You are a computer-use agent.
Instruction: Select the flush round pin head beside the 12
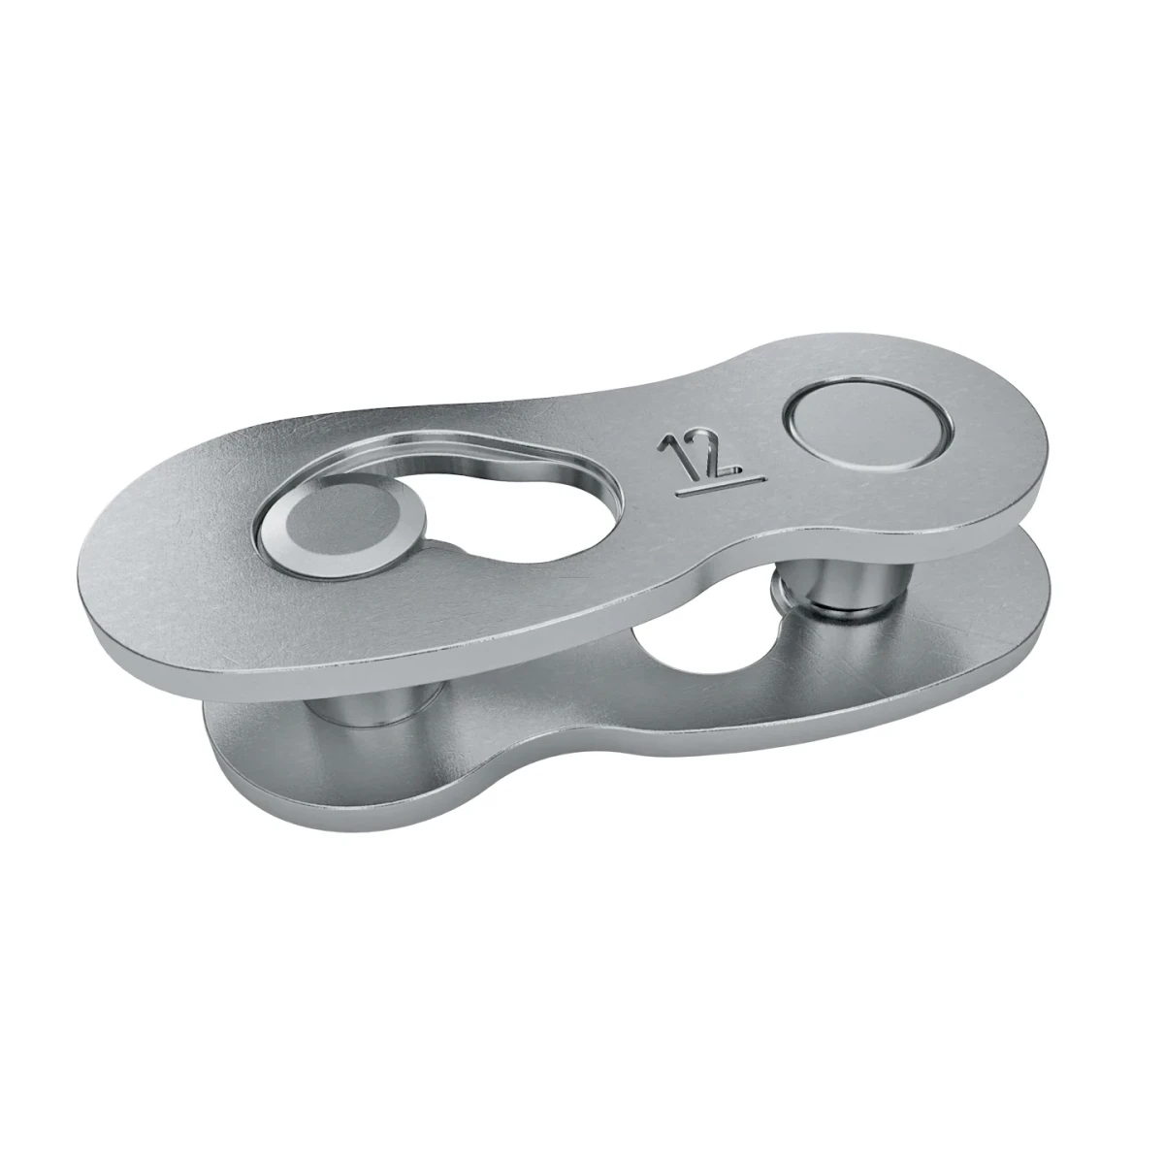pos(868,427)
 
